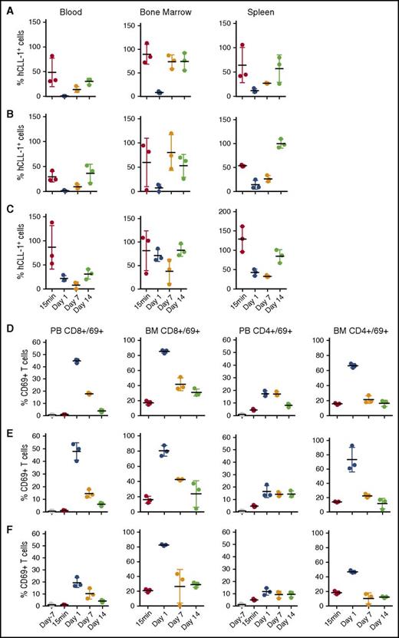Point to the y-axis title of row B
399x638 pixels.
(10, 154)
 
